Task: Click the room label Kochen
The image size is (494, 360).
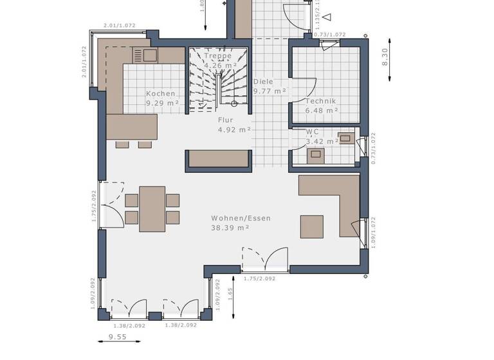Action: [x=160, y=94]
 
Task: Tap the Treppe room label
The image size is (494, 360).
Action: [x=217, y=56]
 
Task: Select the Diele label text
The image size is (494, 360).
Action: [x=263, y=82]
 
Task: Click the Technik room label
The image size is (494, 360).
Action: [x=320, y=101]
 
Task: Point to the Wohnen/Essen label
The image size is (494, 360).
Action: [x=241, y=219]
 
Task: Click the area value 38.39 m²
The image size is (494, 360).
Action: [x=230, y=228]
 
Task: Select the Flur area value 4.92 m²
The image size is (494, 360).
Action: [x=235, y=129]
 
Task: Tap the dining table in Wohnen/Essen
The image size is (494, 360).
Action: [x=152, y=208]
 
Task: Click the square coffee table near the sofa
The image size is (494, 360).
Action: [x=312, y=226]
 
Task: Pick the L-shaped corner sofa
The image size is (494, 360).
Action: [x=347, y=199]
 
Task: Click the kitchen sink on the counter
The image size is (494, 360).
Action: [x=145, y=55]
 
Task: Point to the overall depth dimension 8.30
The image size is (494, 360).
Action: [x=385, y=59]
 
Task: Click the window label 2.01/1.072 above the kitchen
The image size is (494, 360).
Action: [x=119, y=26]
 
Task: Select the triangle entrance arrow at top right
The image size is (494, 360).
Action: [x=327, y=17]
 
